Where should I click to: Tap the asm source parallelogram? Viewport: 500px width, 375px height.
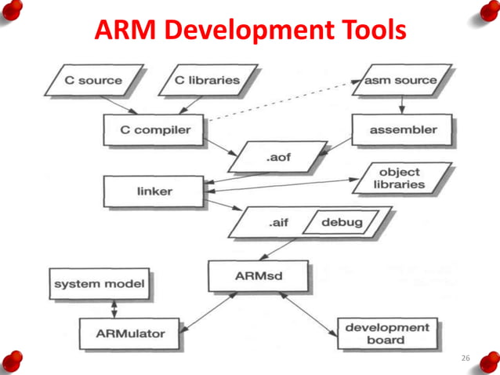pos(400,80)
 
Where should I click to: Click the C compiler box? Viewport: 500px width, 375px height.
pos(154,129)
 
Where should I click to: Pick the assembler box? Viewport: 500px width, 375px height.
pos(402,129)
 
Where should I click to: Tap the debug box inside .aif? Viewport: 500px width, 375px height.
pos(342,223)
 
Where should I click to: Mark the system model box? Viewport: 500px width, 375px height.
pos(99,284)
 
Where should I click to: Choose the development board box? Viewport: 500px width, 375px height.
pos(387,333)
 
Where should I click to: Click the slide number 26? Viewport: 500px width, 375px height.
pos(466,358)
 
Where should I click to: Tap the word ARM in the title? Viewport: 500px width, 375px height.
pos(124,31)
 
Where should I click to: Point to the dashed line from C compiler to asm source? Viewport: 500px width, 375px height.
pos(282,102)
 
